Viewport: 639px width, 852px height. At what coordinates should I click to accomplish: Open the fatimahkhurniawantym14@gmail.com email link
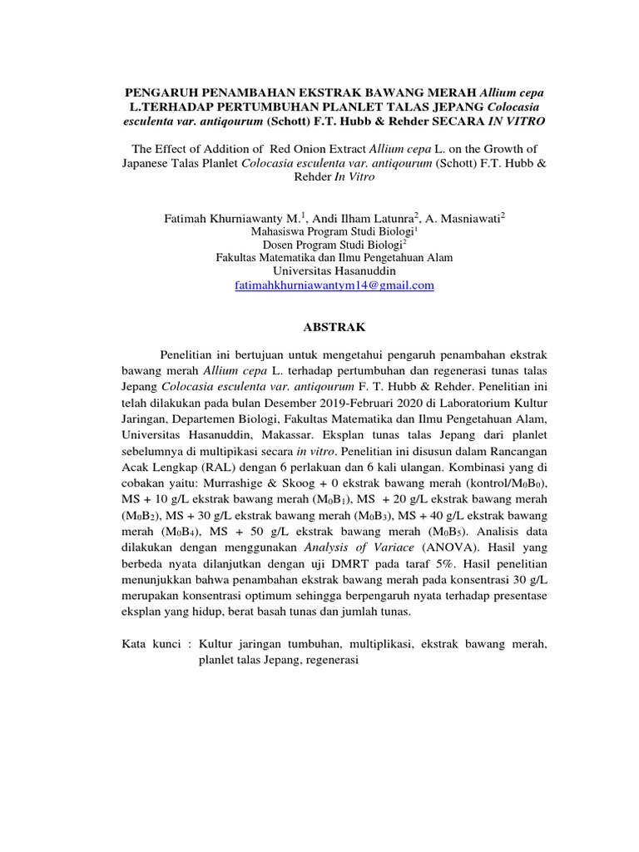[x=334, y=285]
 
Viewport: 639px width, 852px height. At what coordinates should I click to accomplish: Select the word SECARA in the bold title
[x=464, y=121]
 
